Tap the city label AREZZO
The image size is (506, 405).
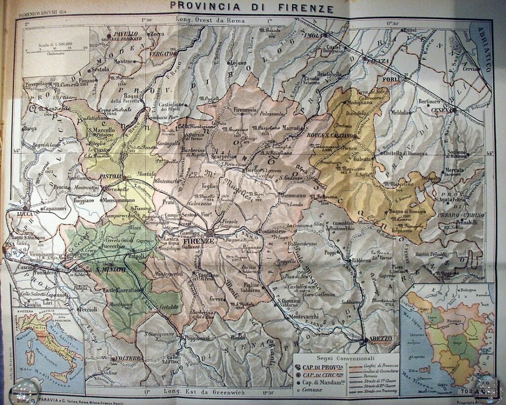point(380,339)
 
